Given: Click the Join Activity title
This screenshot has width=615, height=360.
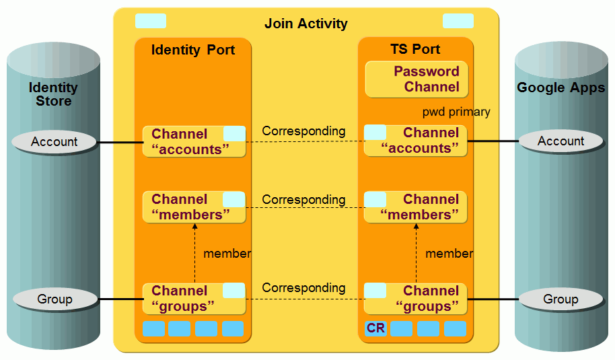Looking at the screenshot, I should click(x=305, y=24).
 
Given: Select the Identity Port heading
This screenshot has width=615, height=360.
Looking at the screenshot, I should click(x=193, y=50).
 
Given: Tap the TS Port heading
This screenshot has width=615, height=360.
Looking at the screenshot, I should click(x=415, y=49).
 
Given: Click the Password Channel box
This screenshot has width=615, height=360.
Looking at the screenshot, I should click(x=416, y=79).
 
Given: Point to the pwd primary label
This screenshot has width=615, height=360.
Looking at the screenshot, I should click(x=456, y=112).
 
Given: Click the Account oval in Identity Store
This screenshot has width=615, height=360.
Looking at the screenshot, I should click(x=55, y=142).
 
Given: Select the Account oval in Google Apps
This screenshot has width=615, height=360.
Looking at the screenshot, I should click(x=560, y=141).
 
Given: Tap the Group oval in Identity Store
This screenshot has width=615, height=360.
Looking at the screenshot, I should click(x=55, y=299).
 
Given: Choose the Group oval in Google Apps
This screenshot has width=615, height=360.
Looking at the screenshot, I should click(x=560, y=299).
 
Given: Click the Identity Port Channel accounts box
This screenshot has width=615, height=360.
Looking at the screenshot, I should click(x=194, y=141).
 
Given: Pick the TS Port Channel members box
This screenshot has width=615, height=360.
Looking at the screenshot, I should click(x=415, y=207).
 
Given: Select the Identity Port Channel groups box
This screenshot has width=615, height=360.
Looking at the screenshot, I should click(x=194, y=299).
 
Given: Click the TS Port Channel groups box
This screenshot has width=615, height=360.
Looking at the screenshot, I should click(x=415, y=299).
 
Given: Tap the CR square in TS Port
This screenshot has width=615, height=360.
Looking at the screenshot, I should click(x=375, y=328).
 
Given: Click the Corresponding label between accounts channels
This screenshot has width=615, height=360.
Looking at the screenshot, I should click(x=303, y=131).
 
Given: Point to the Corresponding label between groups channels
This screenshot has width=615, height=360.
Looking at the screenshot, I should click(x=303, y=288).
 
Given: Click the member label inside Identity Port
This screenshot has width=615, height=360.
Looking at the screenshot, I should click(x=227, y=254).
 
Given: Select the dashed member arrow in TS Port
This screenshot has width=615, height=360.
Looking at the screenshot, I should click(x=416, y=254).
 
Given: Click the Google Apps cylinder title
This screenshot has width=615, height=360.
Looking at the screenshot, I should click(x=560, y=88).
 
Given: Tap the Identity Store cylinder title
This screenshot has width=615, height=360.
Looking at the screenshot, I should click(x=53, y=94).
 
